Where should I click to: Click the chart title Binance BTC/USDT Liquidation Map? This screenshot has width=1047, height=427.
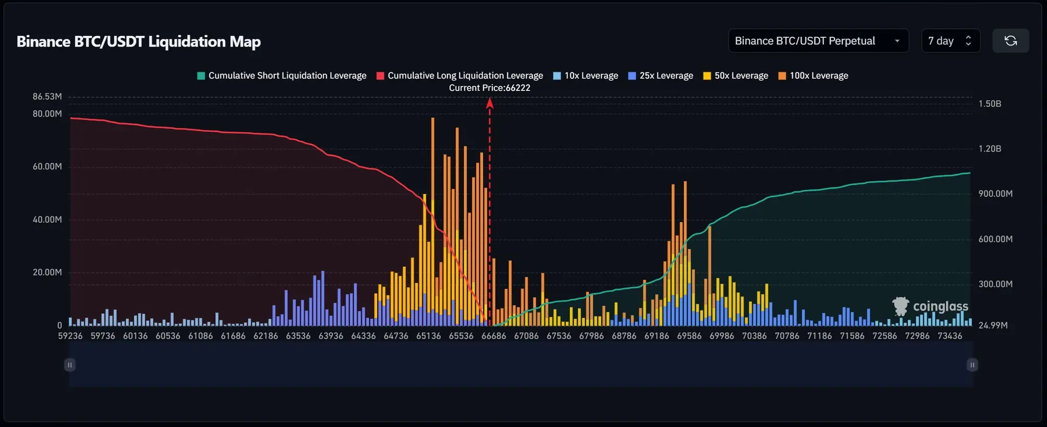click(139, 41)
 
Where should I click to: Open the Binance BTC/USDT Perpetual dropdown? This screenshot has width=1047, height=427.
click(818, 41)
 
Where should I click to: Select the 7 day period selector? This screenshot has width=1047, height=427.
click(950, 41)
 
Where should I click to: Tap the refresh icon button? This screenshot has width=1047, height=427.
click(1010, 41)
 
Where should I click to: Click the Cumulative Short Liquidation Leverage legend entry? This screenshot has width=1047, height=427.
click(282, 76)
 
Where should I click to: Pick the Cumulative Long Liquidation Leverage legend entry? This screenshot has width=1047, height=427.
click(460, 76)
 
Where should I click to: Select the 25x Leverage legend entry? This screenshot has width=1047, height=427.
click(661, 76)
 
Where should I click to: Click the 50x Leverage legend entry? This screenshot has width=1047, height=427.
click(736, 76)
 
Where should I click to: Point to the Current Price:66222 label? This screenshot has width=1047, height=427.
click(489, 88)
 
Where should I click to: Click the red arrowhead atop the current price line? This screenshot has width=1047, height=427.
click(490, 103)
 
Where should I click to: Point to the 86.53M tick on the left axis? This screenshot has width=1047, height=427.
click(47, 97)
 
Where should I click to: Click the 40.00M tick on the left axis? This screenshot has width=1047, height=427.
click(47, 220)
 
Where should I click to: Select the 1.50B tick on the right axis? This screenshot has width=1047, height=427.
click(990, 104)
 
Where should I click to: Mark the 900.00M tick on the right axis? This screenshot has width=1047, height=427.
click(995, 194)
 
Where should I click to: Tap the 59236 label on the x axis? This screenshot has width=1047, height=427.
click(70, 336)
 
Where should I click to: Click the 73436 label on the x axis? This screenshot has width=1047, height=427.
click(949, 336)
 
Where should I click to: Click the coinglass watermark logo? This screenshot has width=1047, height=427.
click(930, 306)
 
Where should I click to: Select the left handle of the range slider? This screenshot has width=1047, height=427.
click(70, 365)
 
